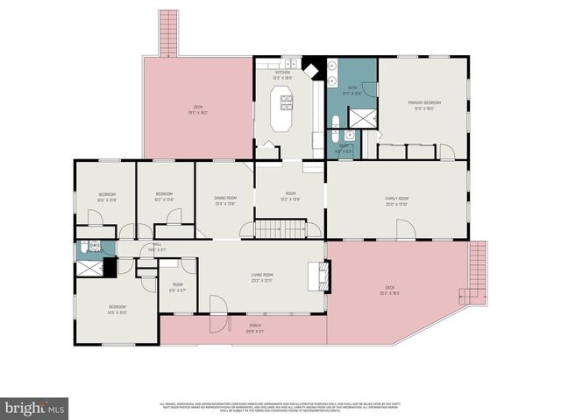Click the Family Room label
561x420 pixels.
396,199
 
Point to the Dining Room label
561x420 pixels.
225,199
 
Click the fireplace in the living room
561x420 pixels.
322,278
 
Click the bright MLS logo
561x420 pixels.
35,407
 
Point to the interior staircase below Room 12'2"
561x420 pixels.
280,229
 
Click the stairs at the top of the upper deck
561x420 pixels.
167,33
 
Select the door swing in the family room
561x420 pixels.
405,229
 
